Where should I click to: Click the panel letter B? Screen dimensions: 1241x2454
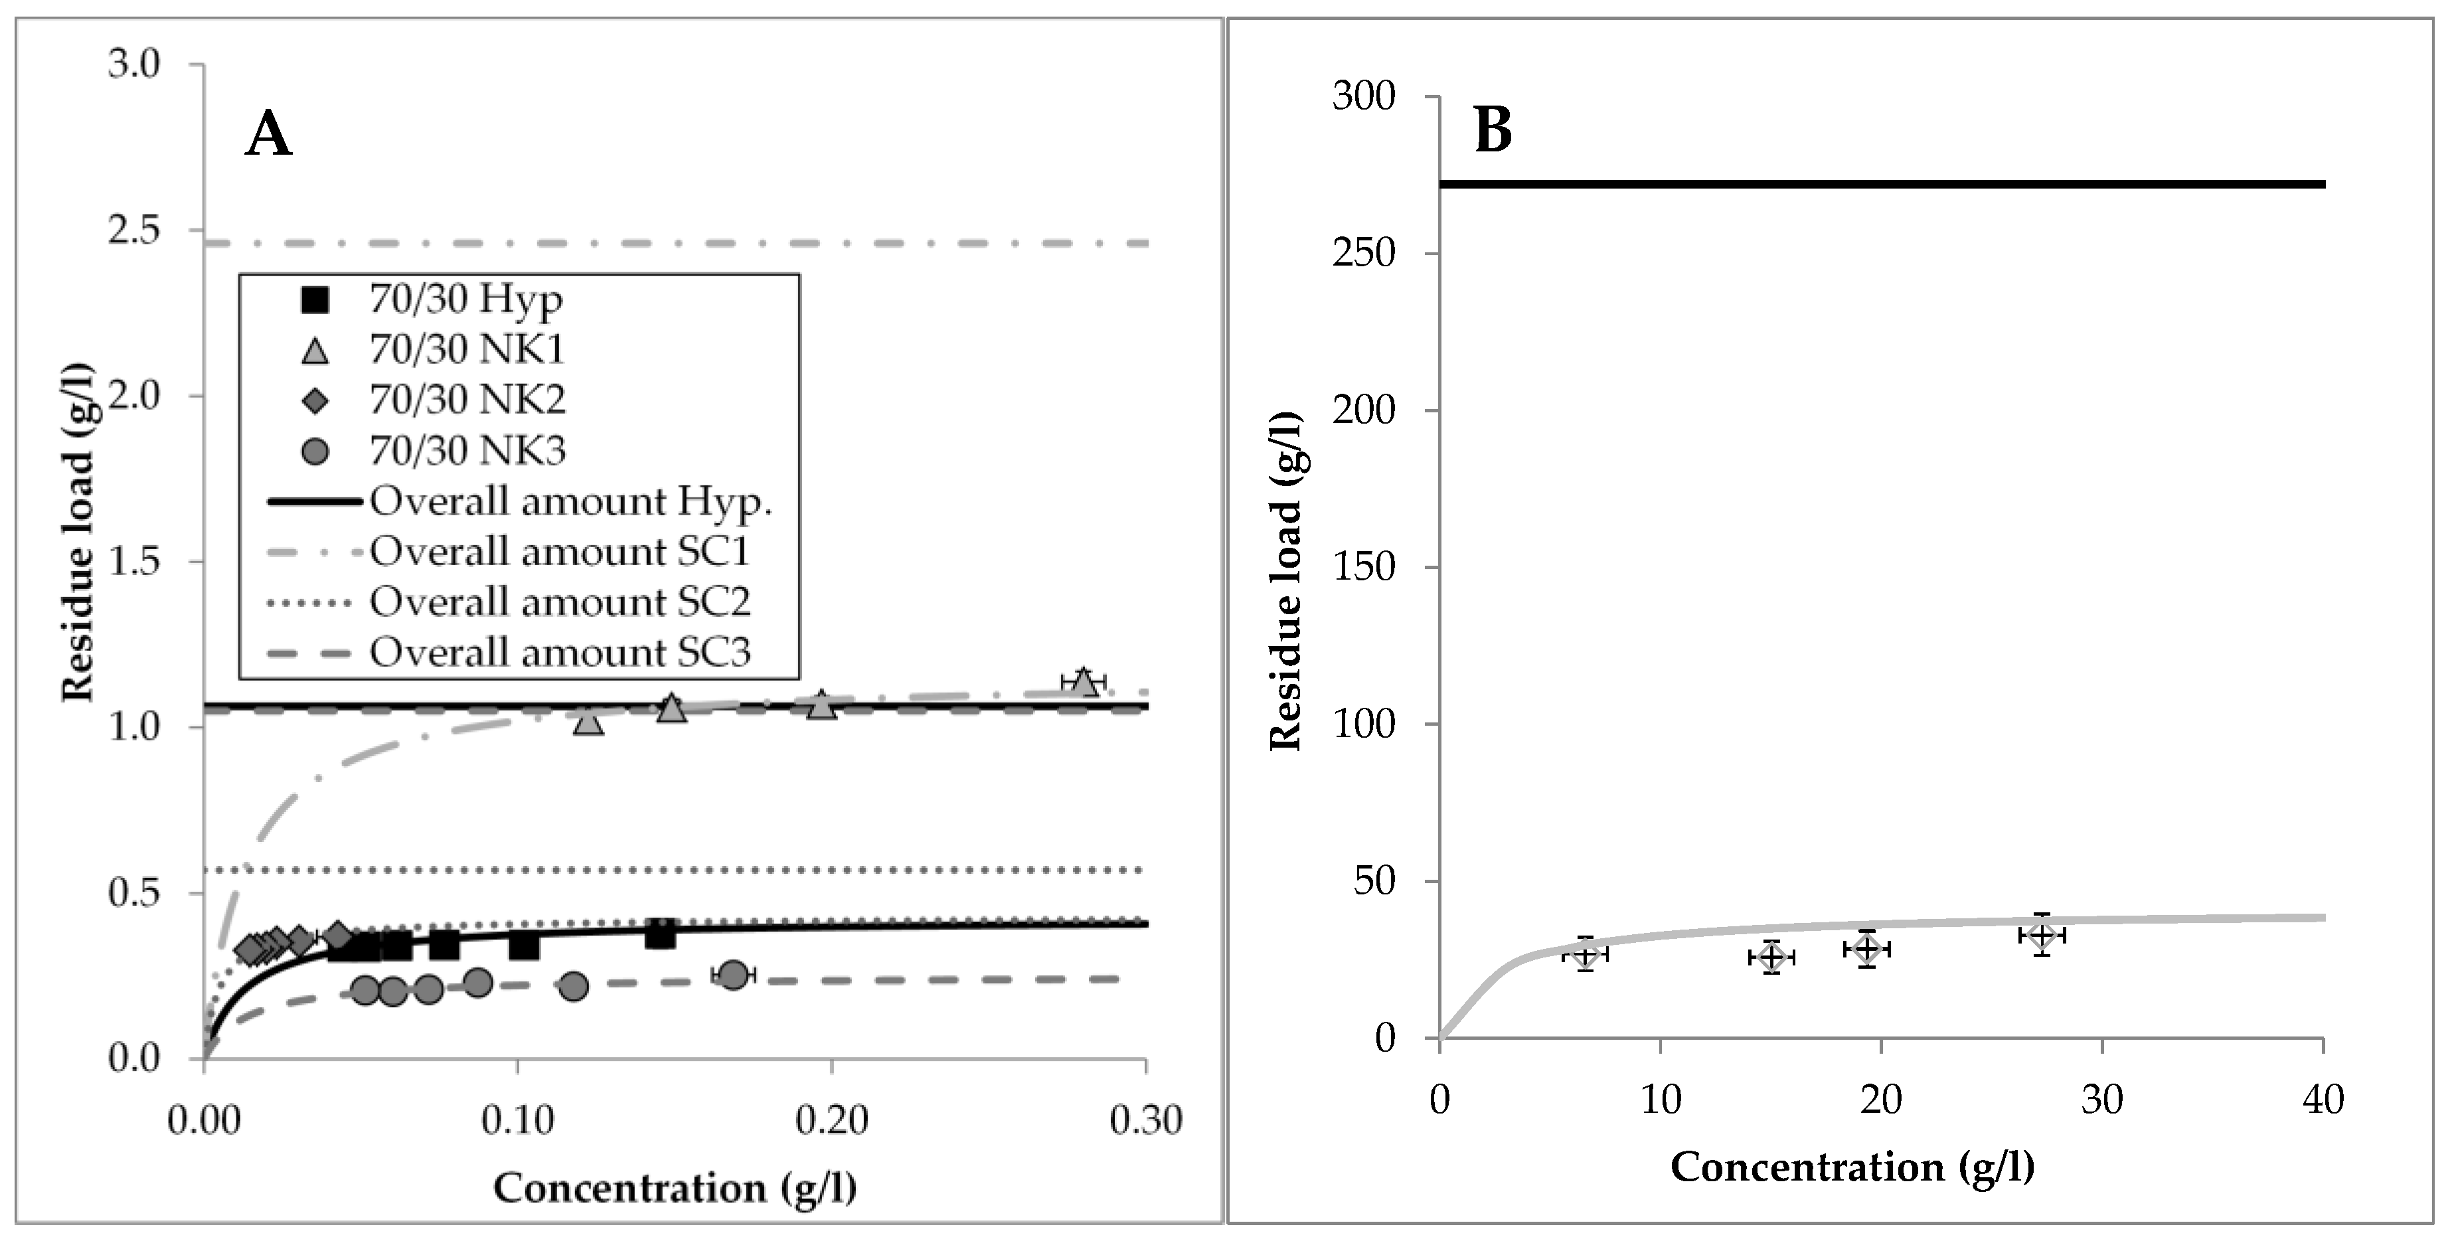click(1493, 131)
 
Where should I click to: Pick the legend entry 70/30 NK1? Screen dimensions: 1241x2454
click(467, 349)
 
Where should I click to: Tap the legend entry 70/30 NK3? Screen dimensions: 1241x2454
click(467, 450)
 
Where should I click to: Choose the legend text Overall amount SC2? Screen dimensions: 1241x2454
click(560, 601)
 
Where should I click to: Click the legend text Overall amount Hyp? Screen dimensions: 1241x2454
click(570, 501)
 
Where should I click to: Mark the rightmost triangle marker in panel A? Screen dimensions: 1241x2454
click(1082, 682)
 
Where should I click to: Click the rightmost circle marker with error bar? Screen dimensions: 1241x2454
click(732, 974)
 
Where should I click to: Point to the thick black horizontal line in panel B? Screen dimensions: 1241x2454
click(1882, 184)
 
